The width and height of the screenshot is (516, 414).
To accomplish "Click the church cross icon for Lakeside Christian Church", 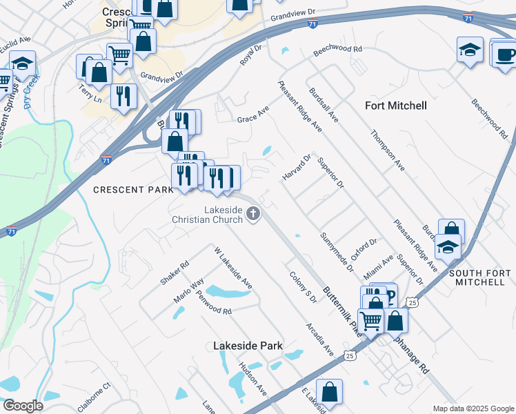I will point(253,214).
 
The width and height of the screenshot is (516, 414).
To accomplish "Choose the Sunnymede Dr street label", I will point(337,251).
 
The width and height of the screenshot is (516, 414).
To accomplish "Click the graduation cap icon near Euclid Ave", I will point(22,63).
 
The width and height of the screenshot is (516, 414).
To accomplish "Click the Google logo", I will point(23,406).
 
